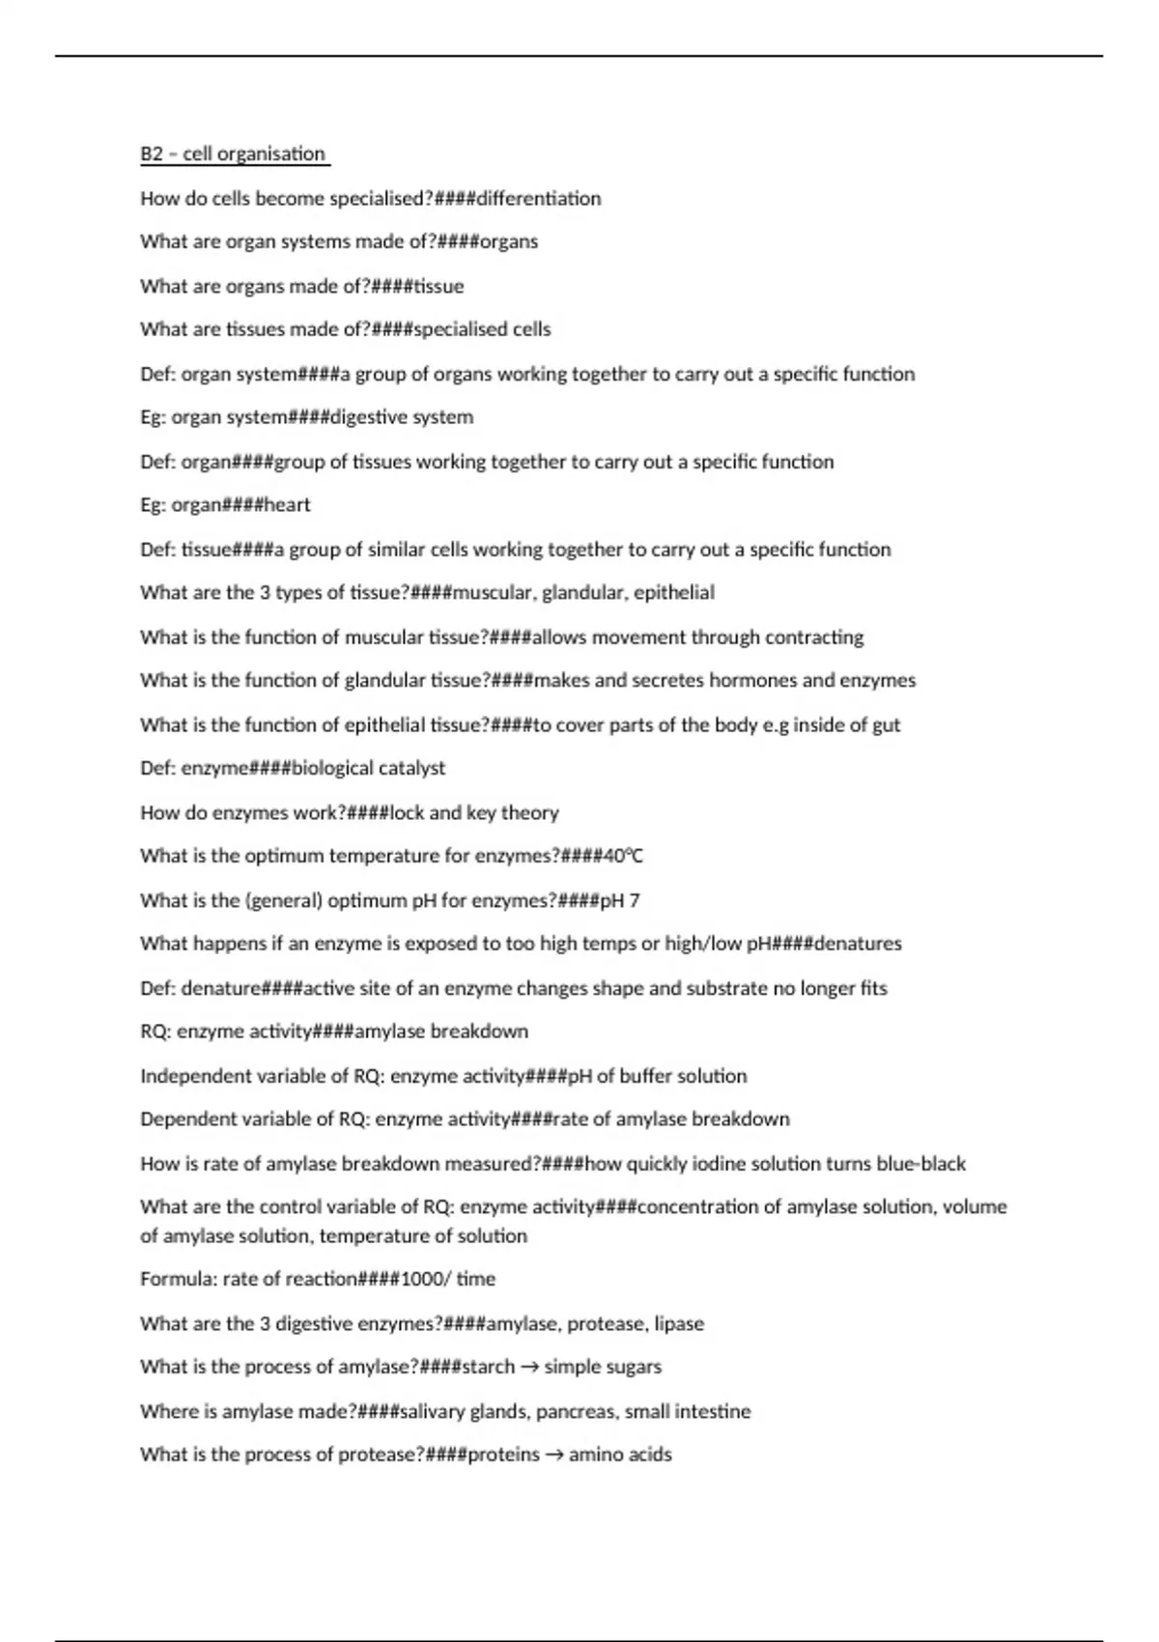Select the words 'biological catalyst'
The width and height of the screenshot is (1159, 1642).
[x=368, y=768]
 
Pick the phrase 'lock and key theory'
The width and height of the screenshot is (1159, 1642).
[x=473, y=812]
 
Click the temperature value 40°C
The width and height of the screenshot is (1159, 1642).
[x=624, y=856]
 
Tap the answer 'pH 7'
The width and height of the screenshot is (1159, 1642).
[x=620, y=900]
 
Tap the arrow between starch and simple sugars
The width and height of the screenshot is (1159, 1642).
[x=529, y=1367]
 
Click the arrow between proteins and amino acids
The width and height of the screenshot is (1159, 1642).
[x=554, y=1455]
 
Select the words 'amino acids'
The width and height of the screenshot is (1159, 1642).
[x=620, y=1455]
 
